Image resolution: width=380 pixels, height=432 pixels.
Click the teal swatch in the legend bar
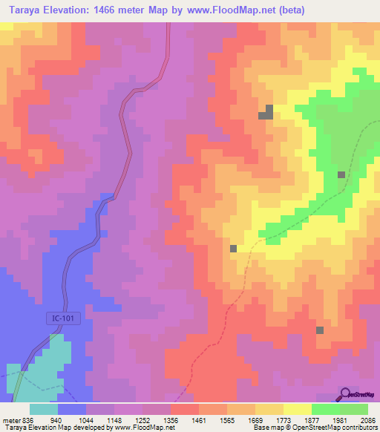coord(44,409)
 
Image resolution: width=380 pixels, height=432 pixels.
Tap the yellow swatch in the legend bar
coord(298,409)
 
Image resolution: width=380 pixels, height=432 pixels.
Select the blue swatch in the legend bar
coord(72,409)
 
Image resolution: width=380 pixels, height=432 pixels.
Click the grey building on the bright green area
coord(341,174)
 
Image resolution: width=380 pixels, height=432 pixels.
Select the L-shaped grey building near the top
coord(266,113)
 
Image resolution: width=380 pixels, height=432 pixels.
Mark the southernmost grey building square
coord(320,330)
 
